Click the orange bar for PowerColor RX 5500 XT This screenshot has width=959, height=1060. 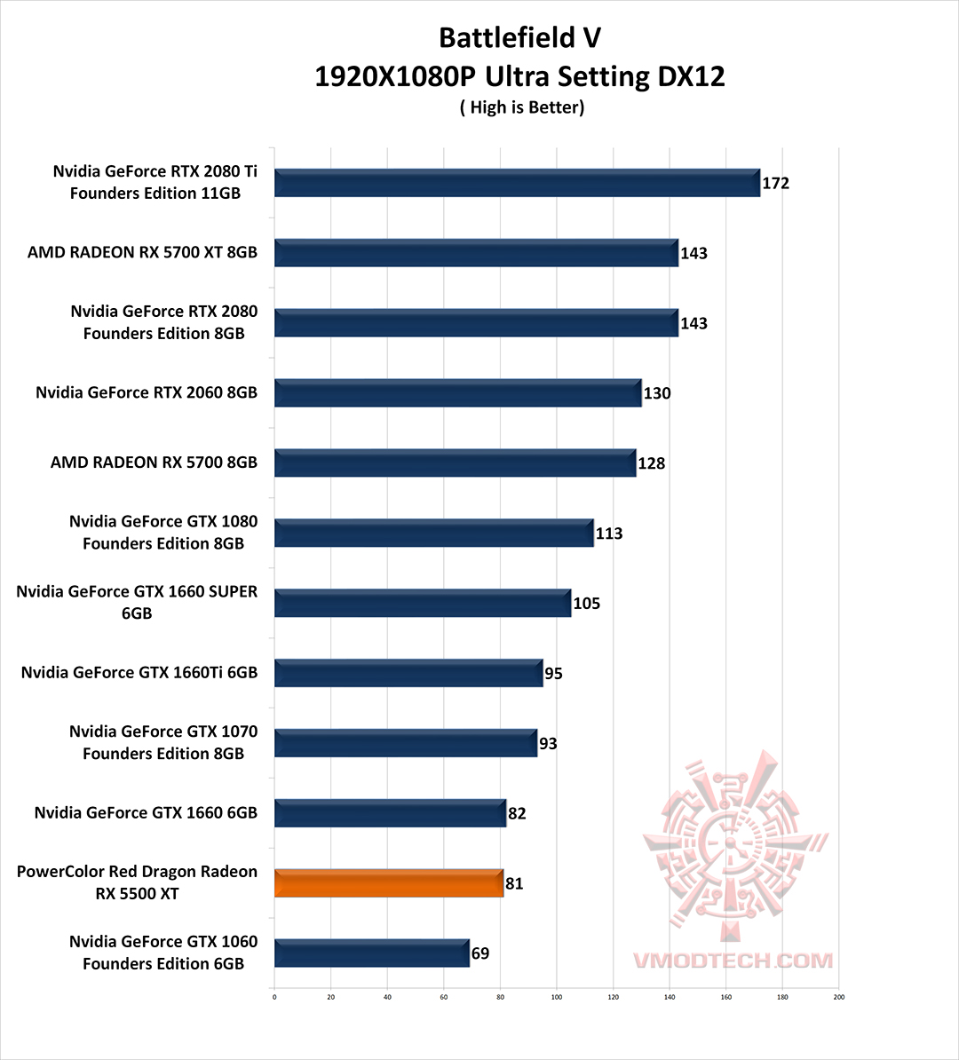[x=389, y=883]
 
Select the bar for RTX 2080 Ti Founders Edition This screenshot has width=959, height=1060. [x=517, y=183]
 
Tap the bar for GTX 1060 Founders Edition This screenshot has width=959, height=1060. [x=371, y=953]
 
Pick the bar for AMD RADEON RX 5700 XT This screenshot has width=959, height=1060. [x=476, y=253]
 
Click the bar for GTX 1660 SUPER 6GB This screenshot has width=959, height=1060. [x=423, y=604]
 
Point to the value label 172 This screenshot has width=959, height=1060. [x=775, y=184]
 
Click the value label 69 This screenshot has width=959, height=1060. [x=479, y=954]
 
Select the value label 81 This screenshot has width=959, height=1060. [x=514, y=884]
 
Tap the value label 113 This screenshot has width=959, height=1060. [x=609, y=534]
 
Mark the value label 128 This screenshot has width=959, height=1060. [x=652, y=463]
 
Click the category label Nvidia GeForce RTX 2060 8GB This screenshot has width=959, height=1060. [x=147, y=392]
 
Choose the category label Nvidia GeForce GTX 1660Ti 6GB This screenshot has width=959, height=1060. [x=139, y=673]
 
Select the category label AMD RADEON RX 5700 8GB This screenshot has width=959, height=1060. [x=154, y=463]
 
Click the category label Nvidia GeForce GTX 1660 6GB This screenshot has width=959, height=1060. [x=146, y=812]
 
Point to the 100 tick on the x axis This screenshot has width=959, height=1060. [x=557, y=997]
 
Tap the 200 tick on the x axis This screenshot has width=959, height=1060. [x=838, y=997]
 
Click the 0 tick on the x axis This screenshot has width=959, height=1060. [x=274, y=997]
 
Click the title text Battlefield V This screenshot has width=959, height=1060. [x=519, y=38]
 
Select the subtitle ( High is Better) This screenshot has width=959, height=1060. [x=521, y=107]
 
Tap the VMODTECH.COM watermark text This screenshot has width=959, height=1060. [x=733, y=961]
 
